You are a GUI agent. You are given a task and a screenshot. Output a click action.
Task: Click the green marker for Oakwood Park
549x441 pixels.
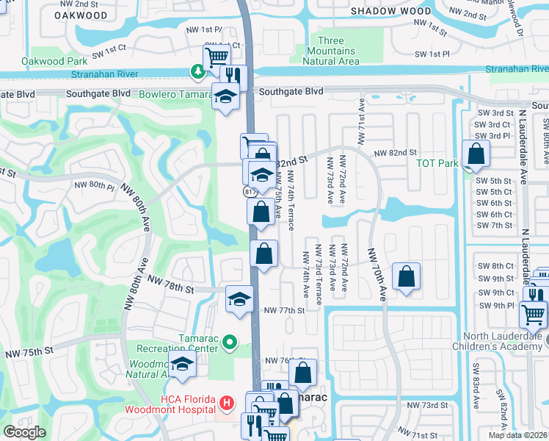tap(197, 72)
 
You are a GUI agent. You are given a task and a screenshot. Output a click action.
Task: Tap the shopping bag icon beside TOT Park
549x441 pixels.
tap(476, 154)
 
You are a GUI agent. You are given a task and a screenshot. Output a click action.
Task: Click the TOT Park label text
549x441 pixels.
tap(437, 162)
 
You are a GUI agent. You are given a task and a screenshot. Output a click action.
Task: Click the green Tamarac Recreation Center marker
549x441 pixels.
tap(230, 342)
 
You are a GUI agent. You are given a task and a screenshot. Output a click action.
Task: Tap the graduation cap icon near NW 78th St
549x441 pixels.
tap(239, 299)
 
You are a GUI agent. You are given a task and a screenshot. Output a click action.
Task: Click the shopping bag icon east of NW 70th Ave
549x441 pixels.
tap(406, 277)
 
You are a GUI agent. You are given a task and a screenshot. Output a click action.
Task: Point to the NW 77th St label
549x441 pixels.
tap(283, 311)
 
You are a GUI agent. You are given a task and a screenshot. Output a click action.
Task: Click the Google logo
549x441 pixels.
tap(24, 432)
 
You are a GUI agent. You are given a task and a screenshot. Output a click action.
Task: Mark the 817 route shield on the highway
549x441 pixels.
tap(250, 191)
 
